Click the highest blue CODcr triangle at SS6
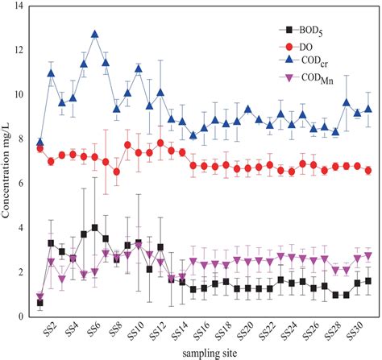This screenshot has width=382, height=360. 95,35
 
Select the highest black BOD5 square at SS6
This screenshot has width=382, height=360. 95,228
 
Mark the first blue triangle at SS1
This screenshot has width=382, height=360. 40,143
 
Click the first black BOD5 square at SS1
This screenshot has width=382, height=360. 40,303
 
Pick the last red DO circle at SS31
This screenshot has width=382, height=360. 368,170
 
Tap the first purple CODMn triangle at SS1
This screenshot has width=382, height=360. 40,296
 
